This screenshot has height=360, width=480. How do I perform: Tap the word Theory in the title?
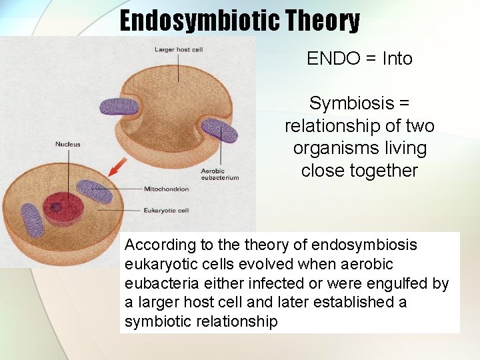tap(323, 21)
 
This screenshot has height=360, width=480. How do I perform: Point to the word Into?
tap(397, 59)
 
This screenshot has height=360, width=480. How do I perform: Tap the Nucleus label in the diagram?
tap(67, 143)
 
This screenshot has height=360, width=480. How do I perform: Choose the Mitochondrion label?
tap(167, 189)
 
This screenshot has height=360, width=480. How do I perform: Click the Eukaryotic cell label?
tap(166, 210)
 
